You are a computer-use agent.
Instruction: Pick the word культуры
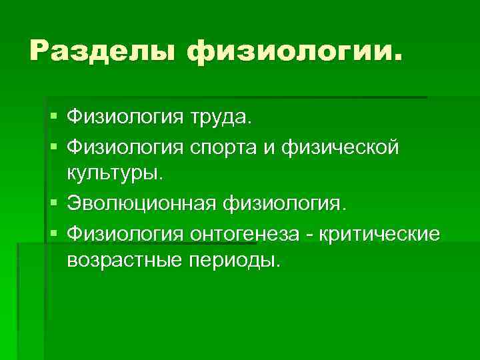coord(113,174)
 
